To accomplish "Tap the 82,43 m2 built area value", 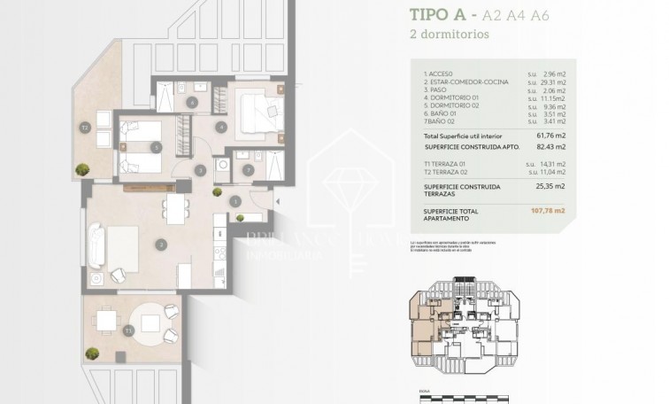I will [x=552, y=146].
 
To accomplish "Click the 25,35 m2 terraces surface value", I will [x=552, y=187].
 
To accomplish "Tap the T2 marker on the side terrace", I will [x=85, y=128].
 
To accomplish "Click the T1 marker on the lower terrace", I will [x=129, y=330].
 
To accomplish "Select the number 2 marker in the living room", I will [x=160, y=244].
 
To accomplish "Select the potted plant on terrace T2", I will [x=82, y=169].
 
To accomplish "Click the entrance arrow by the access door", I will [x=250, y=203].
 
